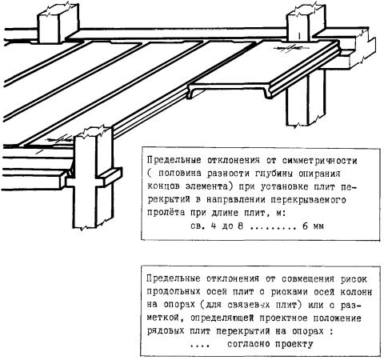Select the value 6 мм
(x=313, y=226)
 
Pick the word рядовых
(x=166, y=331)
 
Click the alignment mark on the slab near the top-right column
(x=291, y=49)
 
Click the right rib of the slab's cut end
(x=267, y=93)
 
